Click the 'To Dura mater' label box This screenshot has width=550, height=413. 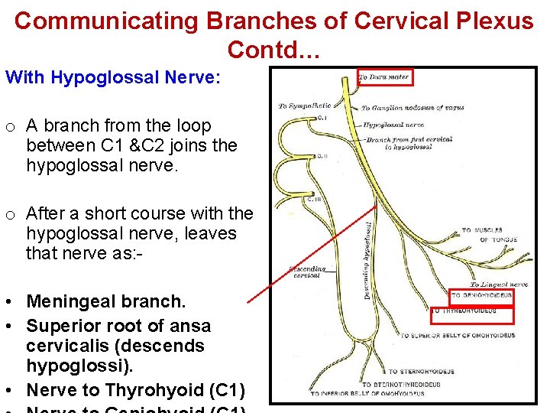(384, 76)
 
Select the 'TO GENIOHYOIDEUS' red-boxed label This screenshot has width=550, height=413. (480, 295)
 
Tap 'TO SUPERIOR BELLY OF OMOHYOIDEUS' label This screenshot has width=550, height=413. (458, 336)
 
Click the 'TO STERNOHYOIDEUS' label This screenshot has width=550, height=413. (421, 372)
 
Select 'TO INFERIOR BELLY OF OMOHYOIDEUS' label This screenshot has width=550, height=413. (367, 393)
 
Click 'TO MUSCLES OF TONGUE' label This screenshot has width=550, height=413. (490, 235)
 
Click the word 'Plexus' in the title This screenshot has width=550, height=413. (495, 21)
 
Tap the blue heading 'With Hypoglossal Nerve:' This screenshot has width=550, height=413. (113, 77)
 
